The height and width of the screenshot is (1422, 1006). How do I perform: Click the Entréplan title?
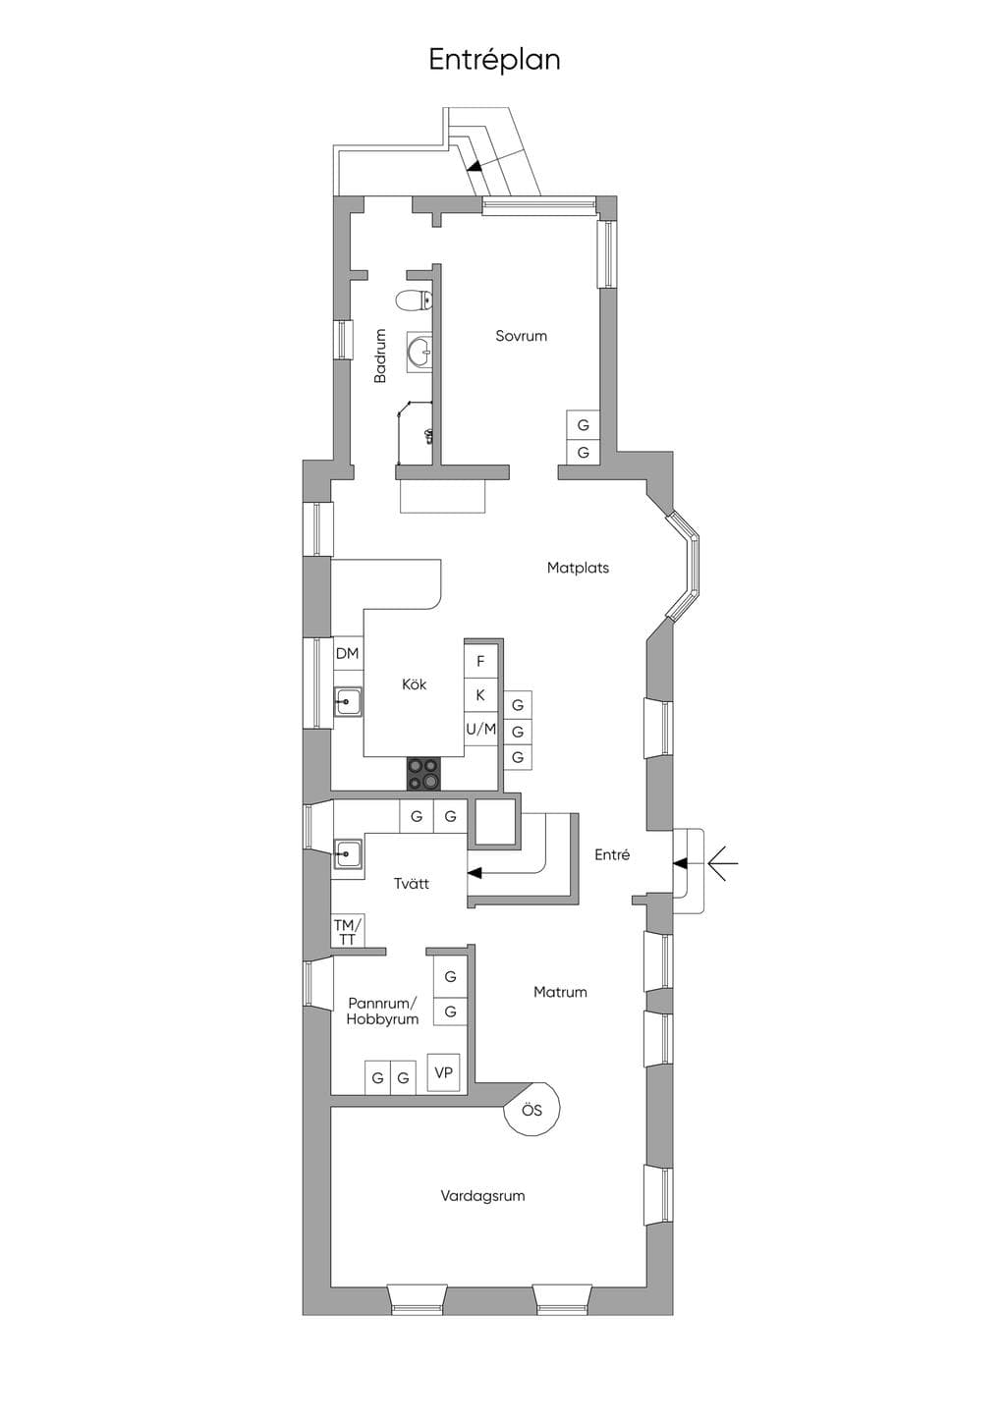(494, 60)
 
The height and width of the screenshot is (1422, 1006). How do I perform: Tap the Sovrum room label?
(521, 336)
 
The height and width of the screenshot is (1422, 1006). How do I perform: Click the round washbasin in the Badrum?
(419, 351)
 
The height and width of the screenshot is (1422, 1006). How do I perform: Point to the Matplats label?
(578, 568)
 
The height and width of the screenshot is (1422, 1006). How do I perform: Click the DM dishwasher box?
(348, 653)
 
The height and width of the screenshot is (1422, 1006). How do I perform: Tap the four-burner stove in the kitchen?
(424, 774)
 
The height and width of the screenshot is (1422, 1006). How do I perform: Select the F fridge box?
(480, 662)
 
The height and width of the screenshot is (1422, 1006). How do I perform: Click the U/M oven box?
(480, 730)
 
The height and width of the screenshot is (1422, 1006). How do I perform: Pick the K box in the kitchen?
(480, 695)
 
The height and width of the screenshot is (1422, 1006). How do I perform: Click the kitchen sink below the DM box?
(348, 702)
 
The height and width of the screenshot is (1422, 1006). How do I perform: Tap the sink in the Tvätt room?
(348, 853)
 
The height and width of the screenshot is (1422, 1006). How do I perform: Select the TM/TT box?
(348, 931)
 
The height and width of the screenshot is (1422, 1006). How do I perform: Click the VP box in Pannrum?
(443, 1072)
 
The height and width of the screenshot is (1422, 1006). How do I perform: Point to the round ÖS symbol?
(532, 1111)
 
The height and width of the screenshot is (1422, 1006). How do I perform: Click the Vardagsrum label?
(482, 1196)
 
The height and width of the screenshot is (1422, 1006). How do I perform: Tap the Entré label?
(612, 855)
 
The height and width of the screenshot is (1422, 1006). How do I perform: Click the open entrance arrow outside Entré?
(723, 863)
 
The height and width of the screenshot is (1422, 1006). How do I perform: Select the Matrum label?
(560, 992)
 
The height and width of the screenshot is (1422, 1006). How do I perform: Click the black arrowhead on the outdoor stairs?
(474, 167)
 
